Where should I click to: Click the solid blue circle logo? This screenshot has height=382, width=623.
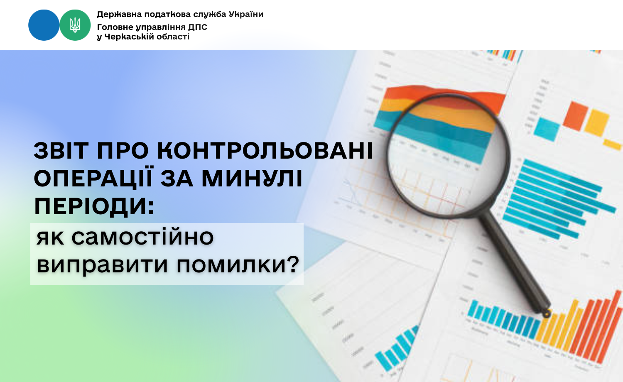[x=44, y=25]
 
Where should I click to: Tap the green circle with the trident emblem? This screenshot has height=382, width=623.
[x=75, y=25]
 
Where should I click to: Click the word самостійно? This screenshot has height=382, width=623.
[x=143, y=237]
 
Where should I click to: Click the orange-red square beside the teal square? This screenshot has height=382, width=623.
[x=576, y=116]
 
